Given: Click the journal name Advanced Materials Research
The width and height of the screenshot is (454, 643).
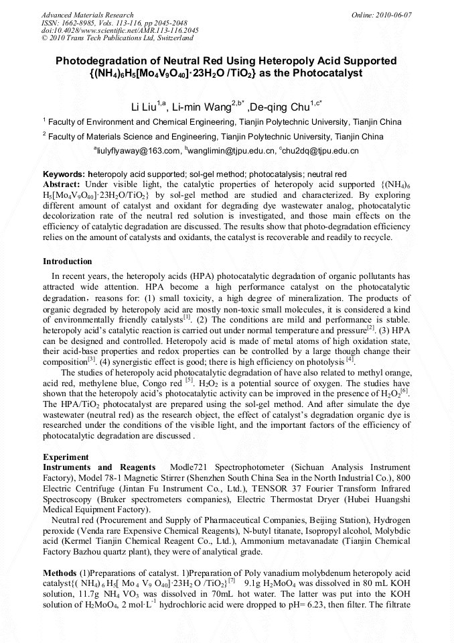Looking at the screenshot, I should point(87,15).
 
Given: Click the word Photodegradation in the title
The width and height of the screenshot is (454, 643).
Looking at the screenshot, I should point(100,61).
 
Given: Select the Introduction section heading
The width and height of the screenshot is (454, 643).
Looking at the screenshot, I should point(68,261).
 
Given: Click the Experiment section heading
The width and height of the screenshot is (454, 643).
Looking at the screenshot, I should point(66,457).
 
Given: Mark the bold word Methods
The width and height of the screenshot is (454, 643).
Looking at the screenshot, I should point(60,573).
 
